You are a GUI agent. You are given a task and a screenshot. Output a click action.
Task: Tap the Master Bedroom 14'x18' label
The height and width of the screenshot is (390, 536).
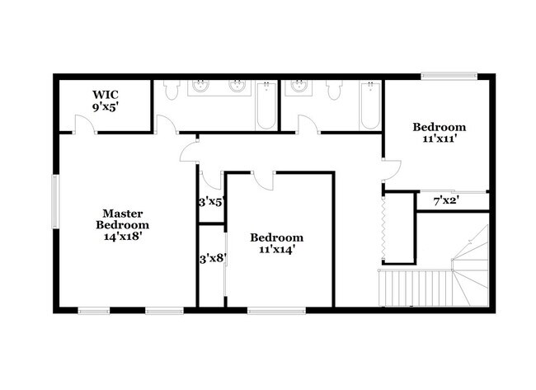click(122, 224)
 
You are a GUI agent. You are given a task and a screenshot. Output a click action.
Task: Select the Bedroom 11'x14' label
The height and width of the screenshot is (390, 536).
click(276, 242)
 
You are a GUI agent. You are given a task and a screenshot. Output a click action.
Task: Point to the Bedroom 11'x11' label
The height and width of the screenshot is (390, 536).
click(439, 133)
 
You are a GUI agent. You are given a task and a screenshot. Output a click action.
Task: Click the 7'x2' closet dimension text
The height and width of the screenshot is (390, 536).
click(446, 200)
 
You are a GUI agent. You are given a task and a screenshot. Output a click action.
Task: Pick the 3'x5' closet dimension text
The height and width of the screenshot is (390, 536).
click(211, 200)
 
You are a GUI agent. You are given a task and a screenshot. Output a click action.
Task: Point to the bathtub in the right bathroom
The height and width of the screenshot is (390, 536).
click(369, 106)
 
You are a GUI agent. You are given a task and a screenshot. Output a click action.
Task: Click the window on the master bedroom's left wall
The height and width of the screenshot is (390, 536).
click(55, 201)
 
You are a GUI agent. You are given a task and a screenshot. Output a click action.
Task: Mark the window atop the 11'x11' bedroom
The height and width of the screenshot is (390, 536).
click(450, 77)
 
